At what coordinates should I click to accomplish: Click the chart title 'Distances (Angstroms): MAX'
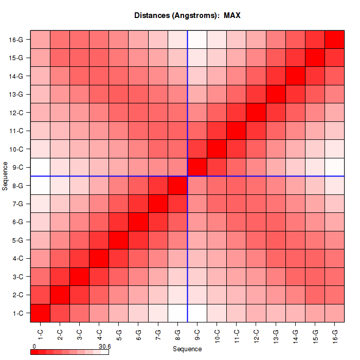coord(187,15)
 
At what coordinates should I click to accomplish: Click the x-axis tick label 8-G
coord(178,335)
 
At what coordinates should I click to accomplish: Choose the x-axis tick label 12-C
coord(256,335)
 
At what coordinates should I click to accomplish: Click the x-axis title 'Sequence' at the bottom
coord(187,349)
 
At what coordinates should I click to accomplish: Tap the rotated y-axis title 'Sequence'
coord(5,176)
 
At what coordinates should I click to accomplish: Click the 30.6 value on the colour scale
coord(104,347)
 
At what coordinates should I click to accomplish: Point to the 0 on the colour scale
coord(34,347)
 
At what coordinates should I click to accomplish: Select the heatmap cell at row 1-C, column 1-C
coord(41,313)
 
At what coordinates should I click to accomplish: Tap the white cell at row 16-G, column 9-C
coord(197,40)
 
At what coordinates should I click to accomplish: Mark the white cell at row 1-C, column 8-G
coord(178,313)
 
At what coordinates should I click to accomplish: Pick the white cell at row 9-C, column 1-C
coord(41,167)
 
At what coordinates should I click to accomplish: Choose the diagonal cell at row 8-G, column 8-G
coord(178,185)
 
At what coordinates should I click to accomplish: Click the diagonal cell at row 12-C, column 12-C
coord(256,112)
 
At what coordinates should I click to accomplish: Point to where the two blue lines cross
coord(188,176)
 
